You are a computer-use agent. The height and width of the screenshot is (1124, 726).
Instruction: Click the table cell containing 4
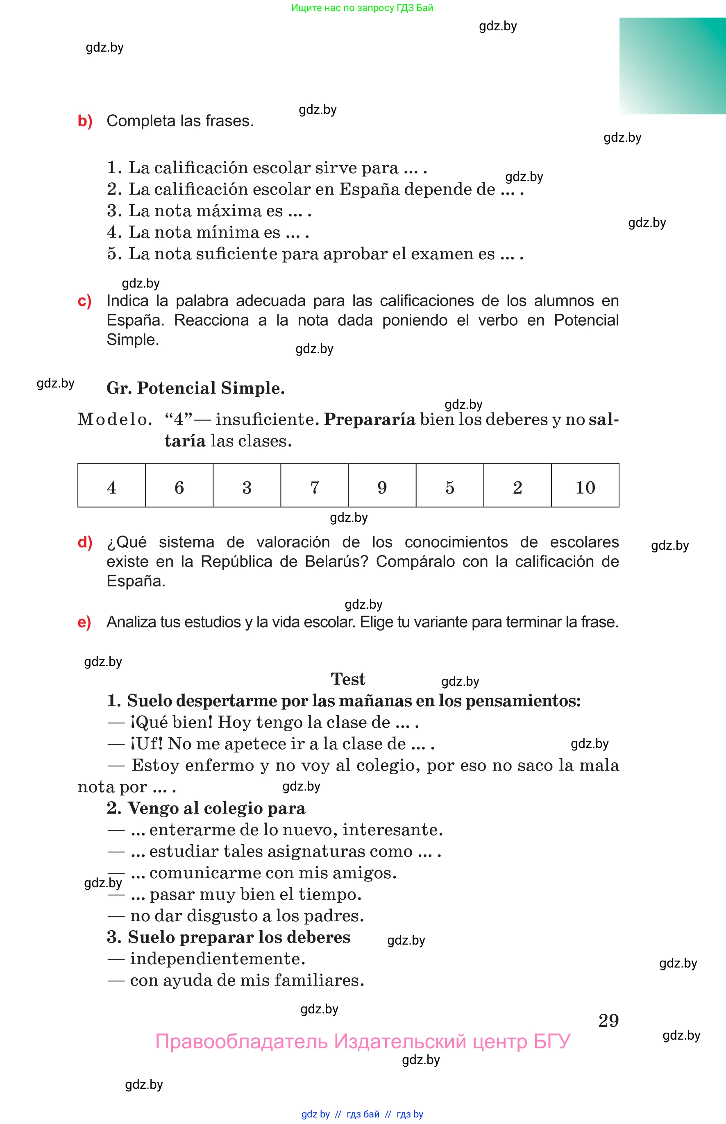[x=111, y=485]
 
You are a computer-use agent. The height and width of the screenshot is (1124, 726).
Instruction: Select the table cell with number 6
[x=179, y=485]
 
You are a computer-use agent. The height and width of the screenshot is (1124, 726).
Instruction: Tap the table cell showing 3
[x=247, y=485]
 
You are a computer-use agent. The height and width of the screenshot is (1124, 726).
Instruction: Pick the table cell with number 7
[x=314, y=485]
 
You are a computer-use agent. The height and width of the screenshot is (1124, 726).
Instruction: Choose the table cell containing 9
[x=382, y=485]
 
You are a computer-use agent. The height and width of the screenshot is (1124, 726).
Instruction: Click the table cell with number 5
[x=450, y=485]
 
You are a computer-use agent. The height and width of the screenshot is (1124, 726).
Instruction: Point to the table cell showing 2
[x=517, y=485]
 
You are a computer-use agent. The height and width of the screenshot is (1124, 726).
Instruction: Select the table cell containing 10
[x=585, y=485]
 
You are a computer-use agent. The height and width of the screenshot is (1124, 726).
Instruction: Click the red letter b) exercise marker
[x=85, y=121]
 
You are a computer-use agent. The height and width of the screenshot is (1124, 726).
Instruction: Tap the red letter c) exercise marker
[x=84, y=301]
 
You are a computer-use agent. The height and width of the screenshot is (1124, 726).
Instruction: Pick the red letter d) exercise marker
[x=85, y=542]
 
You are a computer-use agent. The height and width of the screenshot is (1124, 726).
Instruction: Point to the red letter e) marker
[x=84, y=623]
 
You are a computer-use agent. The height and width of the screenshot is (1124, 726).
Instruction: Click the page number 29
[x=608, y=1020]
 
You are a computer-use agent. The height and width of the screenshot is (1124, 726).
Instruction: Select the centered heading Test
[x=348, y=679]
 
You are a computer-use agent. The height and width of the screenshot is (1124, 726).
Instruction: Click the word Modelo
[x=115, y=419]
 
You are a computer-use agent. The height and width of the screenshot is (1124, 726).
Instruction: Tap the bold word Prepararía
[x=370, y=419]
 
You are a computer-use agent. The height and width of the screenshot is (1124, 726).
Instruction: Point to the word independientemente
[x=217, y=959]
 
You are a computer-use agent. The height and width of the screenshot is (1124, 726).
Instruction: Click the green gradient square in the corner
[x=672, y=66]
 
